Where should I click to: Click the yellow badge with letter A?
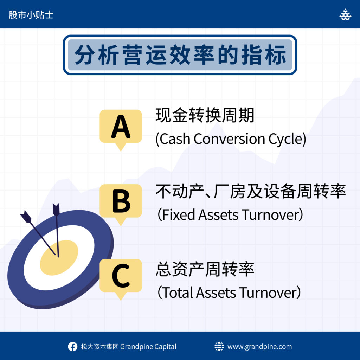coord(121,127)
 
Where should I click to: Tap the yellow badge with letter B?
coord(121,202)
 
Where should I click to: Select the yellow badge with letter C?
coord(121,277)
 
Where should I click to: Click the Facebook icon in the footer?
coord(72,346)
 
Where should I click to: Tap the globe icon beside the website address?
coord(219,346)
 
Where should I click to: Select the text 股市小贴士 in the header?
coord(31,15)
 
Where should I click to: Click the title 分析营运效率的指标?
coord(180,55)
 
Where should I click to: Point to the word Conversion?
coord(229,139)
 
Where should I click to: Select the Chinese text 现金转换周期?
coord(205,115)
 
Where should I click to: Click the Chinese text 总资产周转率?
coord(205,269)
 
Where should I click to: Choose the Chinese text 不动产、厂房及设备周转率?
coord(251,191)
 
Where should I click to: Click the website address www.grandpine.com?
coord(260,346)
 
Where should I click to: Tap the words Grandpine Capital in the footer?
coord(148,346)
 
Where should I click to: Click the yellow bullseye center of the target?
coord(59,258)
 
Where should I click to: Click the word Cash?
coord(175,139)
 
